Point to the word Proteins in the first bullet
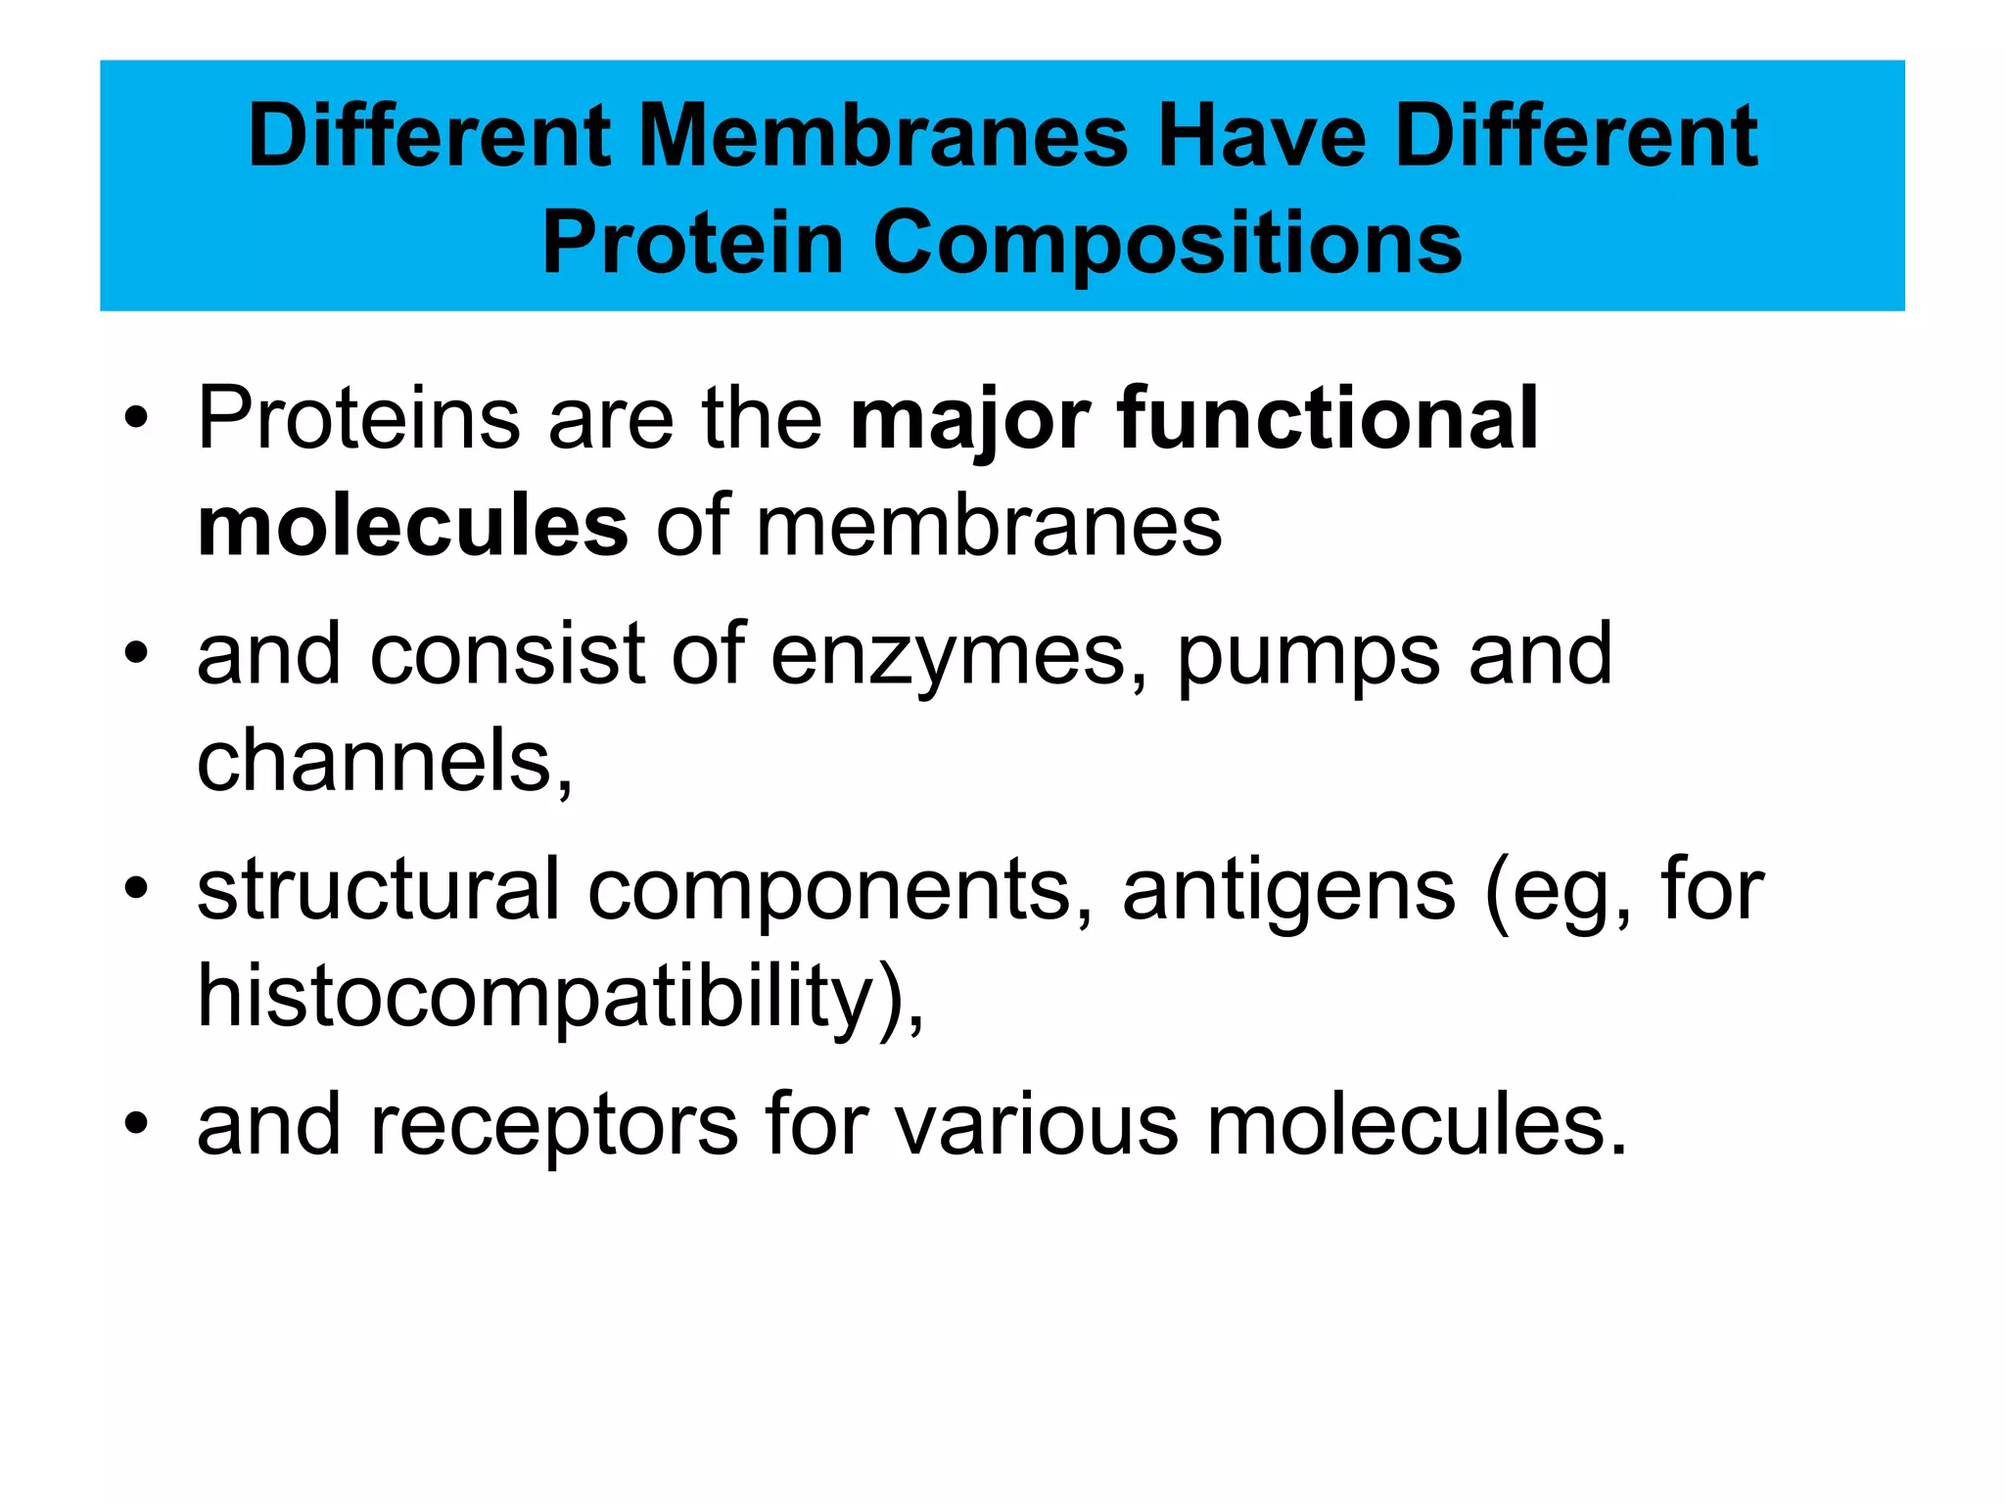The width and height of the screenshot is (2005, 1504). pyautogui.click(x=358, y=418)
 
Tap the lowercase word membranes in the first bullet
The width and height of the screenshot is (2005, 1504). pyautogui.click(x=989, y=527)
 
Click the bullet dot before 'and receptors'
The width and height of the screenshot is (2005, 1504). pyautogui.click(x=136, y=1124)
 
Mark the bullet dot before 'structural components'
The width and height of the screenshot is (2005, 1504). pyautogui.click(x=136, y=889)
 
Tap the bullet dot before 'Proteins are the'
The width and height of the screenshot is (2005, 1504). pyautogui.click(x=136, y=419)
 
